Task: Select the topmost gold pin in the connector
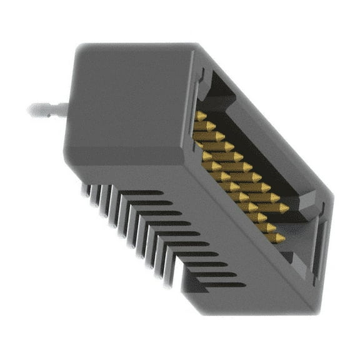201,116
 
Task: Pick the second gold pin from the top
205,126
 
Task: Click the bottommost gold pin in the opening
275,237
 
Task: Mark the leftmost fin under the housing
85,190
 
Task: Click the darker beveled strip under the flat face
125,156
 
